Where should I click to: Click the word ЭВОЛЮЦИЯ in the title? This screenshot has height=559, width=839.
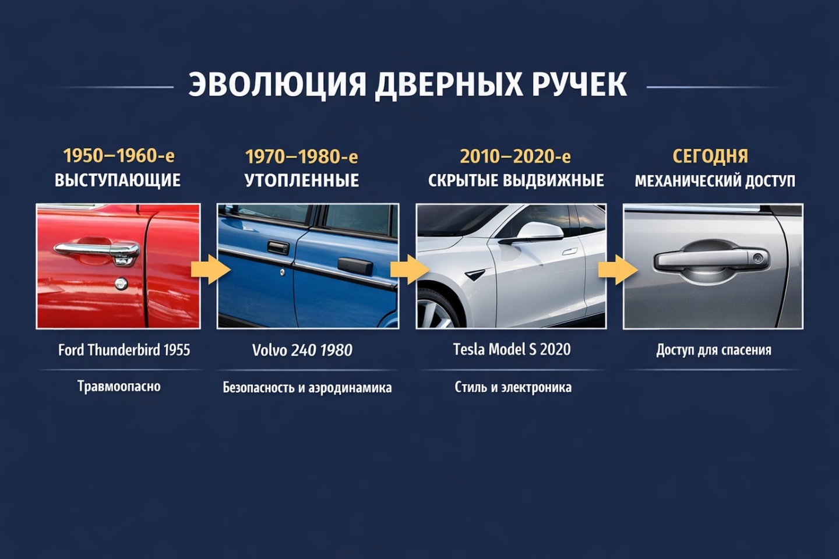[x=277, y=85]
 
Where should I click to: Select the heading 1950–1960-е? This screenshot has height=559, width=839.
[x=119, y=155]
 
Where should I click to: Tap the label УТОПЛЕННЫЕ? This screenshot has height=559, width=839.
[x=302, y=181]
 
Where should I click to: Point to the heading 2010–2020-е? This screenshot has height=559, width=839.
[x=515, y=156]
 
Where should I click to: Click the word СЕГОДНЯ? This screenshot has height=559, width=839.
[x=710, y=156]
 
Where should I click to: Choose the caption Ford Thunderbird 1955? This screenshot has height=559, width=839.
[x=124, y=350]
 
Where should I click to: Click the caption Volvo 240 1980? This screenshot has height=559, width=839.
[x=302, y=351]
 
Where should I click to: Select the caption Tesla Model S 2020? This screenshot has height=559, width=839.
[x=512, y=349]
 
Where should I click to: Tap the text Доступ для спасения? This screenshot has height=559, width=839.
[x=714, y=350]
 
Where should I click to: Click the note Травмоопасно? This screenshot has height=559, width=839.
[x=119, y=386]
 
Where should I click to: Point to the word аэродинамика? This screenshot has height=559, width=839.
[x=350, y=388]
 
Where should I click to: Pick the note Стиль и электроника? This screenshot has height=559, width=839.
[x=513, y=387]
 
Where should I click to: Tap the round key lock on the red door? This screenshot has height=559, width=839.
[x=121, y=284]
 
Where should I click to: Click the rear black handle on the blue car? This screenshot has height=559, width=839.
[x=355, y=266]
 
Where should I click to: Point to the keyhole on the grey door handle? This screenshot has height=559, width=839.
[x=758, y=257]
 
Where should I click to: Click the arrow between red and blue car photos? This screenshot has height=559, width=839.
[x=210, y=269]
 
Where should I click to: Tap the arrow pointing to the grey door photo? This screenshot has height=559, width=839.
[x=618, y=270]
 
